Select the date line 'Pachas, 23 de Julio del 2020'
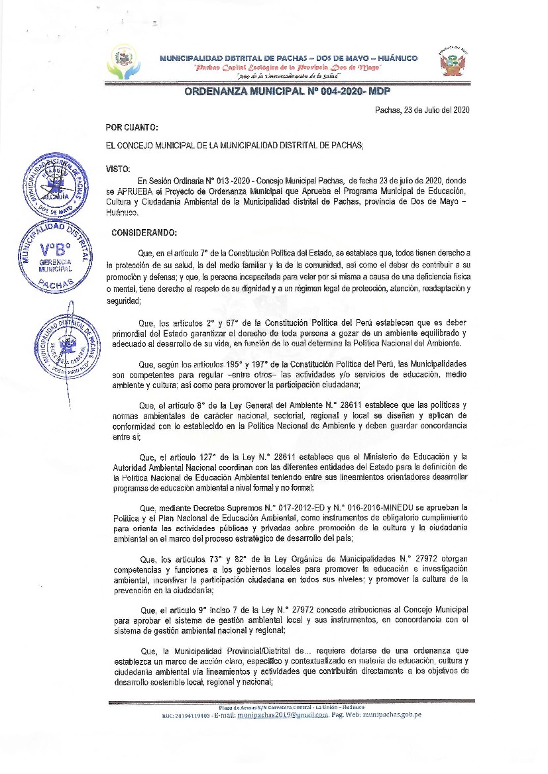(422, 111)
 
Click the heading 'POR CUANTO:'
(132, 127)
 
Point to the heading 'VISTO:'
(118, 169)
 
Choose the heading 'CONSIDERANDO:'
(144, 233)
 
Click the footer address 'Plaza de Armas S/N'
(239, 708)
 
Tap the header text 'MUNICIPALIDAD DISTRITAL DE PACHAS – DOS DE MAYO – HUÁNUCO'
(288, 58)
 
